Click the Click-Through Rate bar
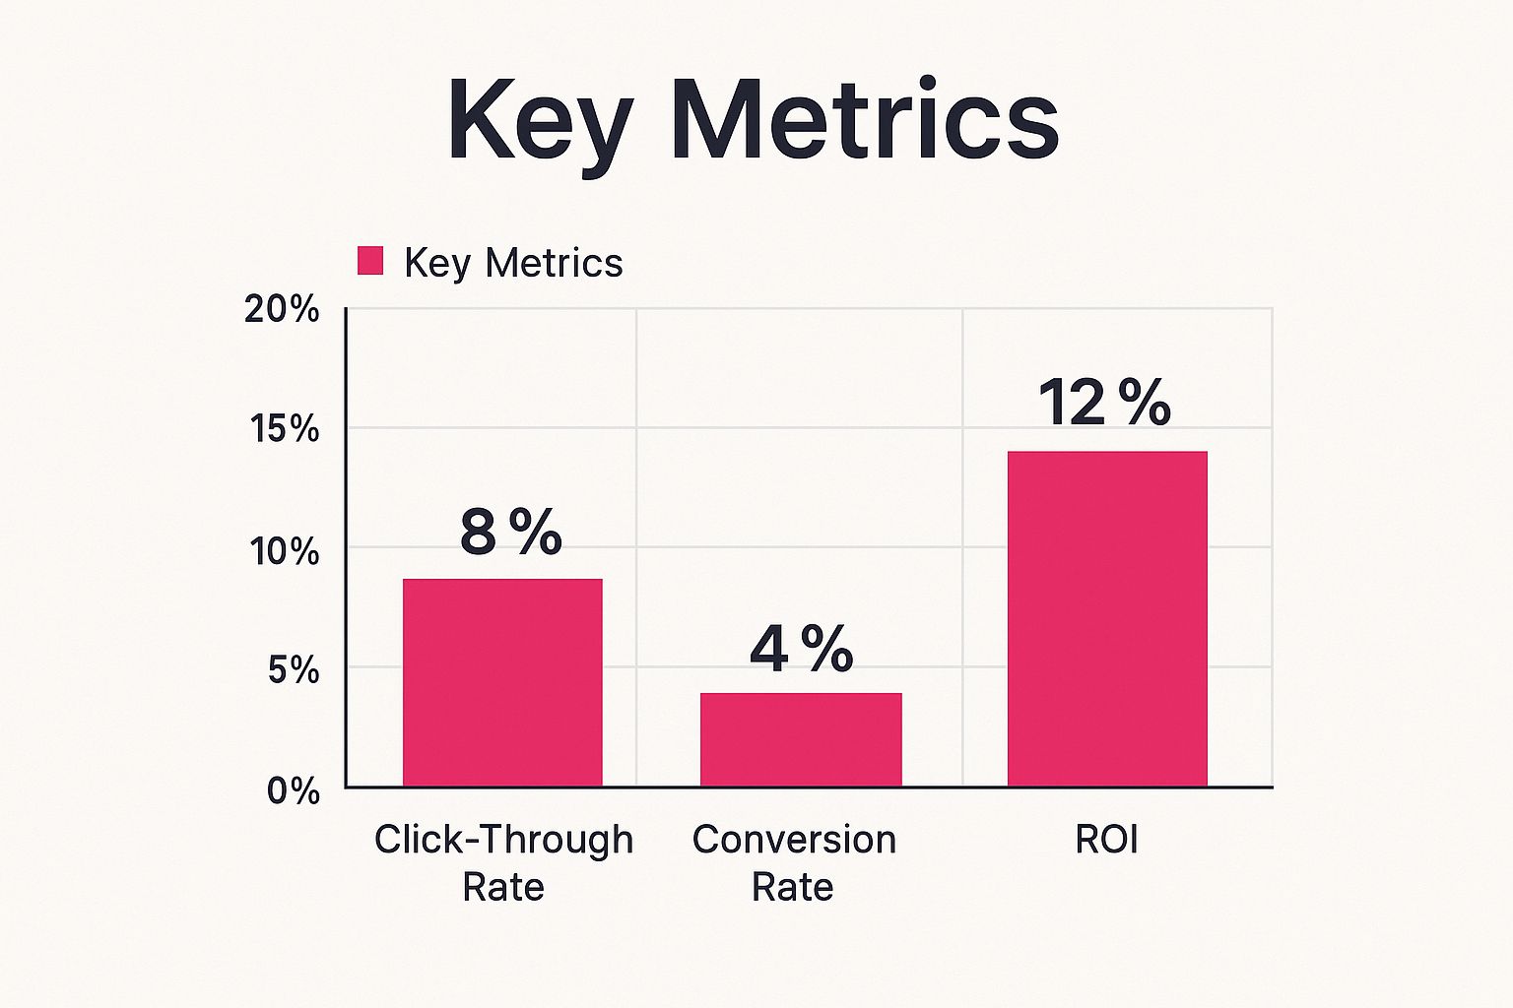[502, 682]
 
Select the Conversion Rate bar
[801, 739]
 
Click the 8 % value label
[510, 533]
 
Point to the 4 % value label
[801, 649]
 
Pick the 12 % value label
[1104, 403]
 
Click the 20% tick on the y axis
[283, 309]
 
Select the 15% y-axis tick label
[284, 429]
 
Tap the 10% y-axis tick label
[284, 550]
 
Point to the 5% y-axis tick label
[293, 670]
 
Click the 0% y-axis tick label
[294, 790]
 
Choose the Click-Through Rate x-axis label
[503, 862]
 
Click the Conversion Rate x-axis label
[794, 862]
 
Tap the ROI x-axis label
[1106, 840]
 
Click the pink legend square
[370, 261]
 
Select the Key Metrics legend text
[513, 263]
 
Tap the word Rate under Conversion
[792, 887]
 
